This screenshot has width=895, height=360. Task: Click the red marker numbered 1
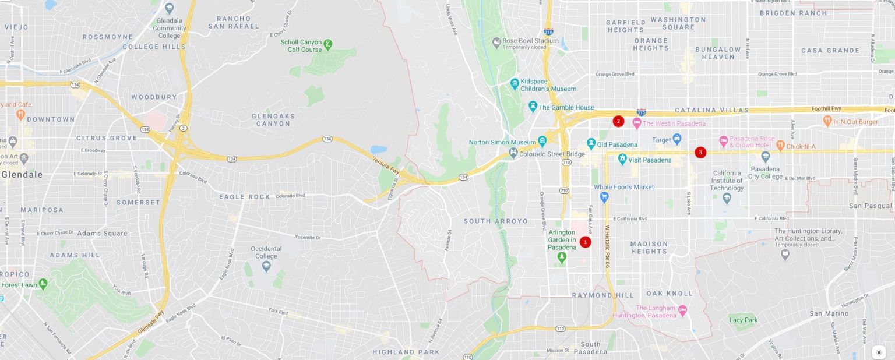click(x=585, y=242)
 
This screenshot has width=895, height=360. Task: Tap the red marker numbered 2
click(x=618, y=121)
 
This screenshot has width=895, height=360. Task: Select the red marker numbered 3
click(x=700, y=153)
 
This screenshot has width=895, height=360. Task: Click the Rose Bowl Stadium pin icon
click(x=496, y=41)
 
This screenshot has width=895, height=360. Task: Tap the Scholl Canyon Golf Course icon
click(x=329, y=43)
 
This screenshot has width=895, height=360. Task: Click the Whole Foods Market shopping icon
click(x=604, y=197)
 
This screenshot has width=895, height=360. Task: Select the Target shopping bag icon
click(x=676, y=139)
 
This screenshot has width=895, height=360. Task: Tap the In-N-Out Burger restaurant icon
click(x=827, y=121)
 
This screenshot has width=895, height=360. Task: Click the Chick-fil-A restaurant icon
click(x=780, y=145)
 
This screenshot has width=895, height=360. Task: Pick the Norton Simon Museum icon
click(x=542, y=141)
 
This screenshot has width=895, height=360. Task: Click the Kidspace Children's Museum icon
click(x=515, y=83)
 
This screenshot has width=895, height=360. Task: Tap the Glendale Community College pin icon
click(x=170, y=8)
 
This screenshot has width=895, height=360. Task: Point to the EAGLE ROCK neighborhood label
click(x=245, y=197)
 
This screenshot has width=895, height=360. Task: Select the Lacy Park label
click(x=743, y=320)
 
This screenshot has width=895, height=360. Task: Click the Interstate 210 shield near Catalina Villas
click(x=641, y=111)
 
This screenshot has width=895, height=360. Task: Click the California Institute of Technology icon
click(x=727, y=198)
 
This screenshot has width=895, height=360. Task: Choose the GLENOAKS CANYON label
click(x=273, y=119)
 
